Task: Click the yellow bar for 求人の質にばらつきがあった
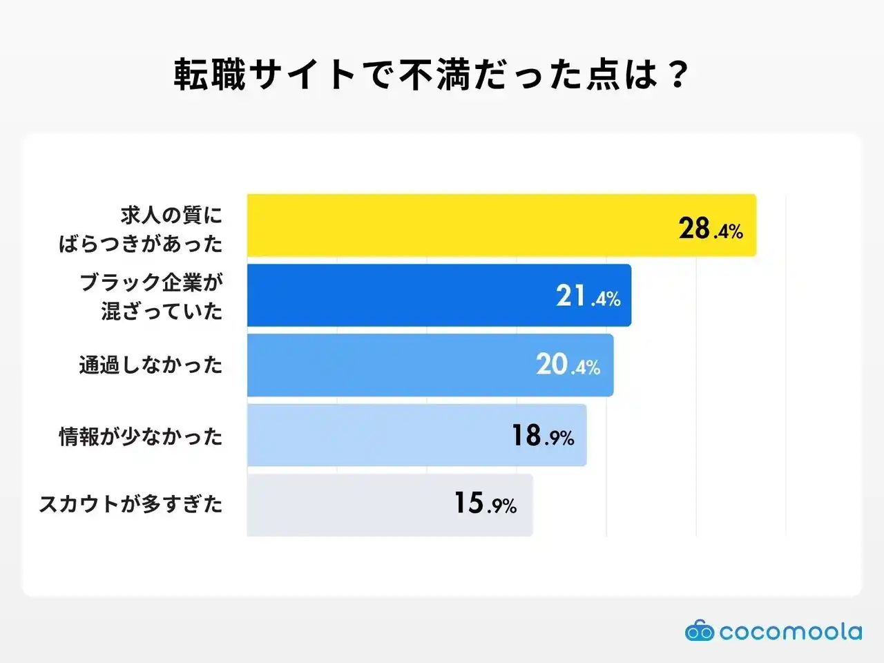[456, 225]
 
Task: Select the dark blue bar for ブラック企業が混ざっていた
[401, 296]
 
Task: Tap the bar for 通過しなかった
[387, 365]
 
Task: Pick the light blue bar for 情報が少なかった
[373, 435]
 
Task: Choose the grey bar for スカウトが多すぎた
[345, 505]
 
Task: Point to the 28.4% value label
[710, 229]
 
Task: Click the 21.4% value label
[588, 296]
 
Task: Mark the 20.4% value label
[568, 365]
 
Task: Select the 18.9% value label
[543, 436]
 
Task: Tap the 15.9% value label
[485, 503]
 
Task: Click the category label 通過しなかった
[151, 365]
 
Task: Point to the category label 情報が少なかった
[141, 436]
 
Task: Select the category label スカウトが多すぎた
[131, 504]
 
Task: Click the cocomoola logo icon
[699, 631]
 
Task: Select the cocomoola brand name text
[790, 632]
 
